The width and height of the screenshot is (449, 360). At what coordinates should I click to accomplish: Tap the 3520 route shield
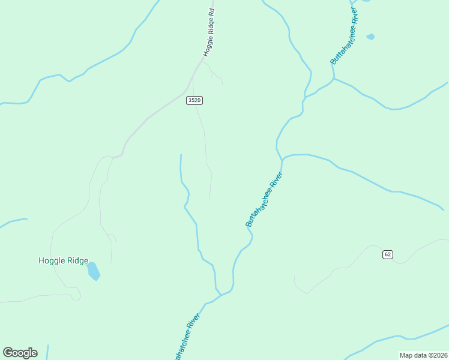[194, 100]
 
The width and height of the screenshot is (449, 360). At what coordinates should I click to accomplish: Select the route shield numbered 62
[387, 254]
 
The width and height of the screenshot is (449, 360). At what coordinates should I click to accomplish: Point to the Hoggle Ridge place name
[63, 260]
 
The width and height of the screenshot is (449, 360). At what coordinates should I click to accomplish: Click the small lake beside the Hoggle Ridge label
[93, 271]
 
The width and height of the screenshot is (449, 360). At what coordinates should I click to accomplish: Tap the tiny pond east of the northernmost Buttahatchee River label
[370, 37]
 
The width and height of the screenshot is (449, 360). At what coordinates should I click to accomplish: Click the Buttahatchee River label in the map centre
[264, 200]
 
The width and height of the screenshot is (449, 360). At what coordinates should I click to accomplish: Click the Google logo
[20, 353]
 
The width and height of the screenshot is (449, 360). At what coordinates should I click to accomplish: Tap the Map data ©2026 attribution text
[424, 355]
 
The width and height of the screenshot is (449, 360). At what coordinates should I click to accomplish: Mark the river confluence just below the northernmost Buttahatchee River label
[333, 78]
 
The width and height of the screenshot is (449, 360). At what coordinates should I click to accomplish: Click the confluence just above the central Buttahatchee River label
[282, 160]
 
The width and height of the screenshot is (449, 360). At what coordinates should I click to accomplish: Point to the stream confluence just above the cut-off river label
[221, 295]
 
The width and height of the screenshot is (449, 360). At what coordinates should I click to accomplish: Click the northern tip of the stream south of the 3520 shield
[181, 155]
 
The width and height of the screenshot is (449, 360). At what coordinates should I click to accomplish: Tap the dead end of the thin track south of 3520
[209, 198]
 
